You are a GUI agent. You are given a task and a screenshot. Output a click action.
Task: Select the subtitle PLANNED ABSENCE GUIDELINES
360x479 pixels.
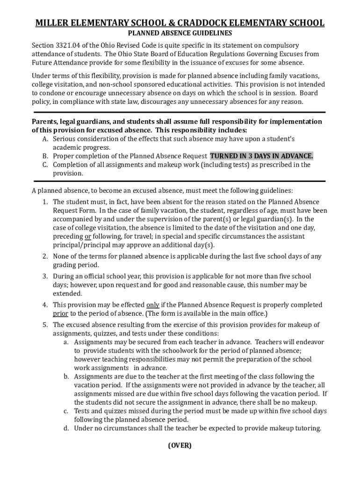tap(180, 34)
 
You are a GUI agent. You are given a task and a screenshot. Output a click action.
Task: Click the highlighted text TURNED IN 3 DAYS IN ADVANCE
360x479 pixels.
tap(262, 156)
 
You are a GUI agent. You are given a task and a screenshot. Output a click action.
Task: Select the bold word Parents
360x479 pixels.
tap(45, 122)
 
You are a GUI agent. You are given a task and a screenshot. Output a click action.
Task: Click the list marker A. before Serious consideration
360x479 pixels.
tap(45, 139)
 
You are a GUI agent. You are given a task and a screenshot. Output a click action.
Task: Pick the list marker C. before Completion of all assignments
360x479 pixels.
tap(45, 165)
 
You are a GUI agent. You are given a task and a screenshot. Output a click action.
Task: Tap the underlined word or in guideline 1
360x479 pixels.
tap(87, 237)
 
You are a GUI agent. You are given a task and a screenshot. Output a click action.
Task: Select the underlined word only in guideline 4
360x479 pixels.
tap(153, 305)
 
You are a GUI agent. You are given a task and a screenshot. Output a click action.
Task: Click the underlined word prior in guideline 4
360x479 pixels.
tap(60, 313)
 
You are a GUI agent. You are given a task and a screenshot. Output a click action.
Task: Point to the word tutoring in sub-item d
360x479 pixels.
tap(308, 428)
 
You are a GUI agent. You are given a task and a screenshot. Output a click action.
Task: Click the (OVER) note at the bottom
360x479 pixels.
tap(180, 446)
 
